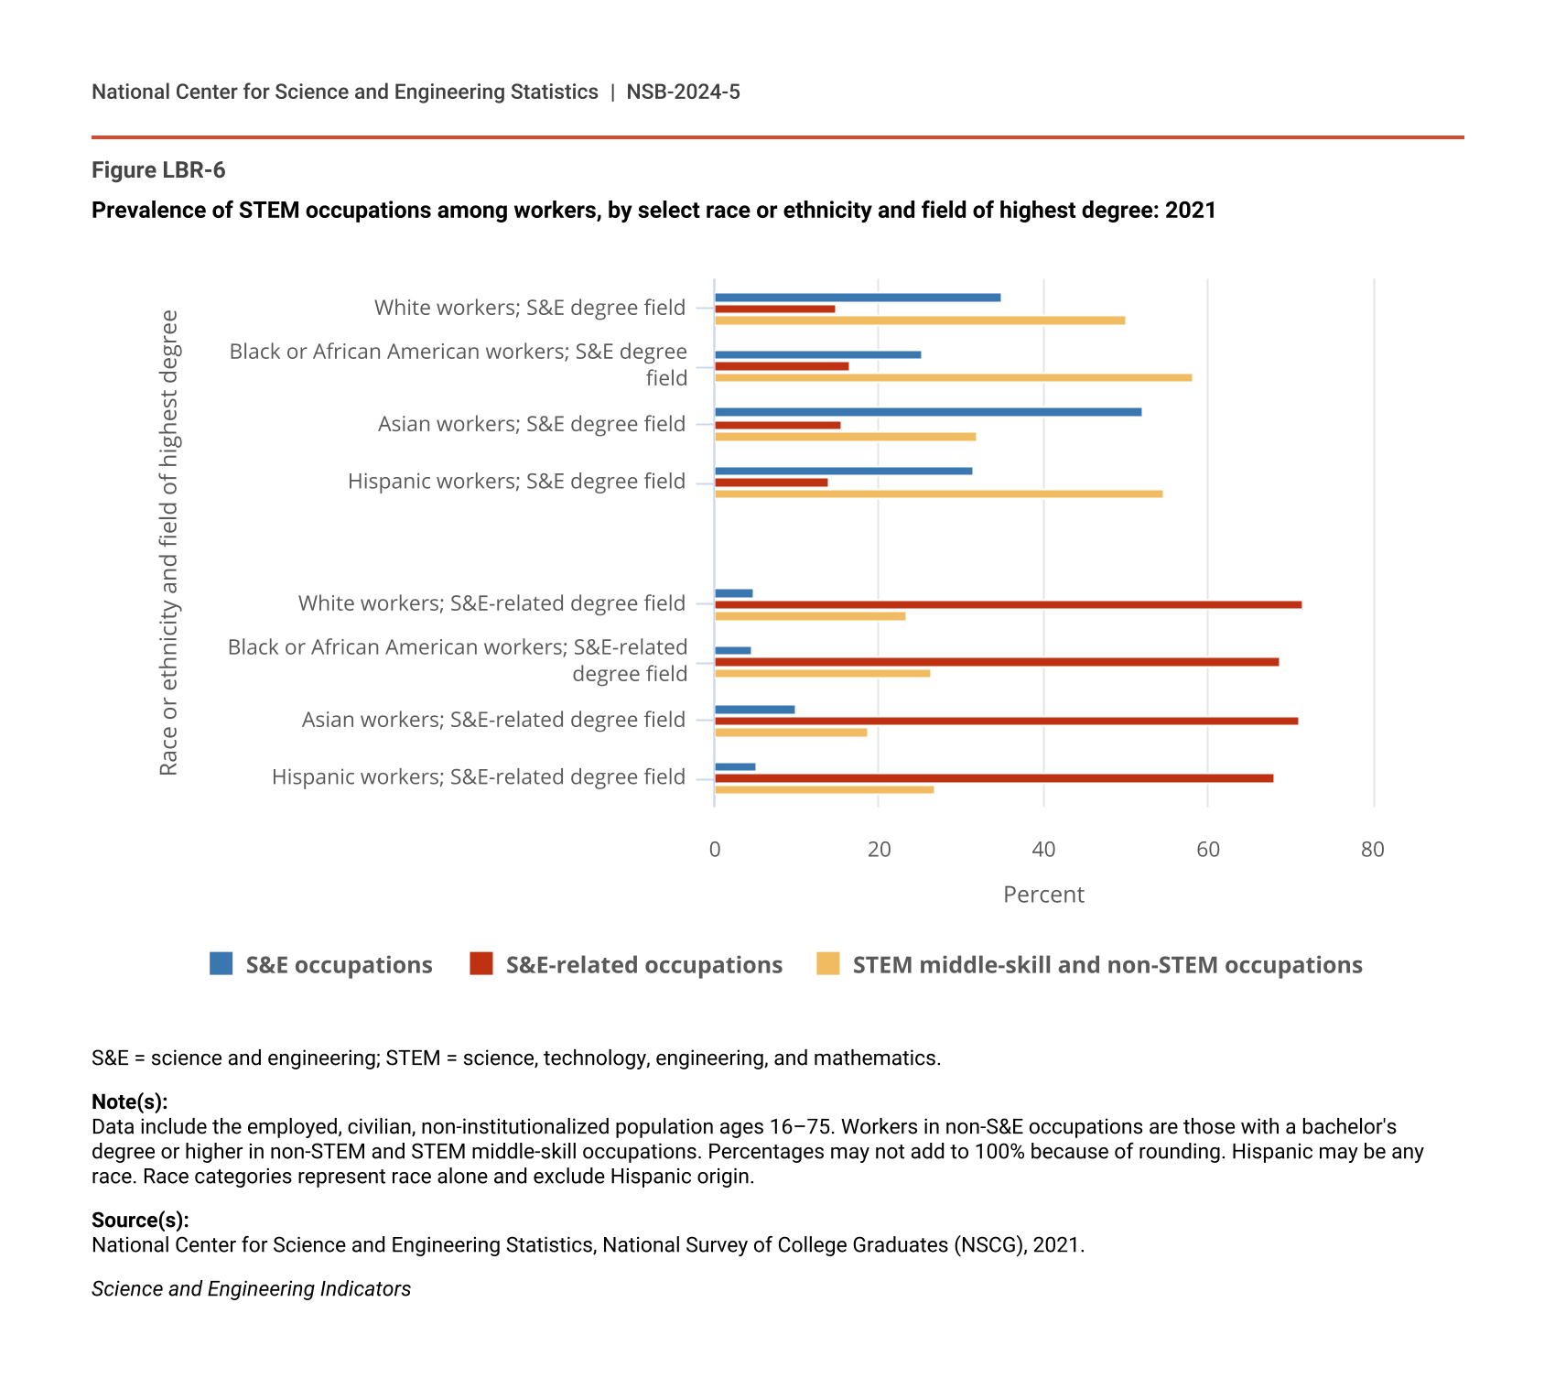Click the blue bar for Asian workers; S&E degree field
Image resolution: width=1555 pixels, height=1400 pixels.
[x=928, y=412]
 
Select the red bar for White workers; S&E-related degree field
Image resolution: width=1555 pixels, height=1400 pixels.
[x=1008, y=605]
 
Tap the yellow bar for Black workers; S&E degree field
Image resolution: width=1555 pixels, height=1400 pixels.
[x=953, y=378]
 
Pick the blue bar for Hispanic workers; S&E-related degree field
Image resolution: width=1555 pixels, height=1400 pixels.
[x=735, y=767]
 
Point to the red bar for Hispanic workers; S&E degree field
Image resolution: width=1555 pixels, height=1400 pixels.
[x=771, y=483]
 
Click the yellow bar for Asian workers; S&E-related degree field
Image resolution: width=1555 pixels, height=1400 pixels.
[x=791, y=733]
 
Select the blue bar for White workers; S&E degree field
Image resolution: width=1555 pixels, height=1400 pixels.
[x=858, y=298]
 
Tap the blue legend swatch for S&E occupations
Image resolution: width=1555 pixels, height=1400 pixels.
[x=221, y=964]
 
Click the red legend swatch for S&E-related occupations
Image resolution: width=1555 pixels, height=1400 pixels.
[x=481, y=964]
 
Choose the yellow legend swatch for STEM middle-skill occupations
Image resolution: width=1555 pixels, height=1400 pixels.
[x=827, y=964]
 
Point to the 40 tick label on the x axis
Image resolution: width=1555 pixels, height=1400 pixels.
[x=1043, y=850]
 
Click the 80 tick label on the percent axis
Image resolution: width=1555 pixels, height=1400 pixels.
[x=1372, y=850]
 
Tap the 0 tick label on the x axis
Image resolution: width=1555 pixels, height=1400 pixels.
[x=715, y=850]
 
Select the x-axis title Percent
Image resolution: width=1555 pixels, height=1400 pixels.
[x=1043, y=895]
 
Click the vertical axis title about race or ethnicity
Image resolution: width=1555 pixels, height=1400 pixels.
[x=169, y=543]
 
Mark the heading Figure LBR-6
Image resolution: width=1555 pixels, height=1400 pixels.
[x=158, y=170]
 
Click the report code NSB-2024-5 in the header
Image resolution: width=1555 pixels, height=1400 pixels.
[x=683, y=92]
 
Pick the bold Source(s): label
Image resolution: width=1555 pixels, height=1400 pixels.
[x=140, y=1220]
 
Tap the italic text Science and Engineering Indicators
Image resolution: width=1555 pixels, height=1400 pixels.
[x=251, y=1289]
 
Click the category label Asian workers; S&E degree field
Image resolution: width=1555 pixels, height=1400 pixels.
[x=532, y=424]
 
